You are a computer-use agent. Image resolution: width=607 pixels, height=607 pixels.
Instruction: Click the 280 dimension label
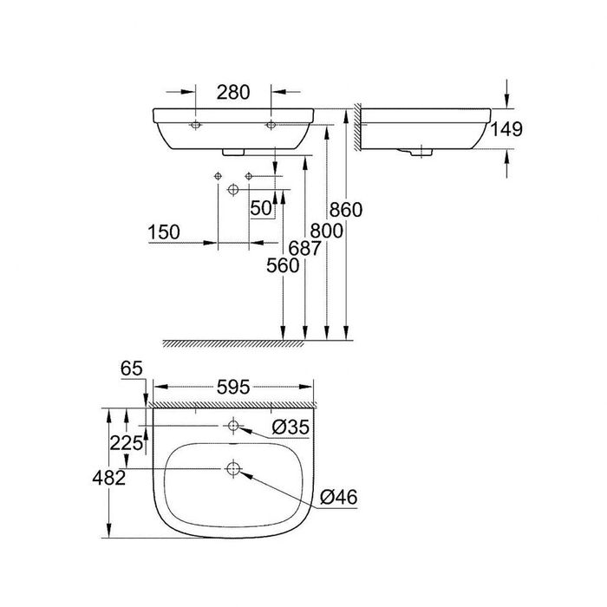(233, 91)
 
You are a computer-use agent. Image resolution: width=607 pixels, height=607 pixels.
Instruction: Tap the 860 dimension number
(346, 209)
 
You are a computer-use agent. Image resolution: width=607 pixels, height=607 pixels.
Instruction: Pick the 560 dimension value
(284, 266)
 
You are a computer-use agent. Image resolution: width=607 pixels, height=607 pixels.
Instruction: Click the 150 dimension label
(163, 232)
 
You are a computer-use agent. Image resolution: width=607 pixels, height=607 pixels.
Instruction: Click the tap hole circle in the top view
(232, 426)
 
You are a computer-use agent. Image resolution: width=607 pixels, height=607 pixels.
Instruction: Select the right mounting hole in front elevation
(271, 125)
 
